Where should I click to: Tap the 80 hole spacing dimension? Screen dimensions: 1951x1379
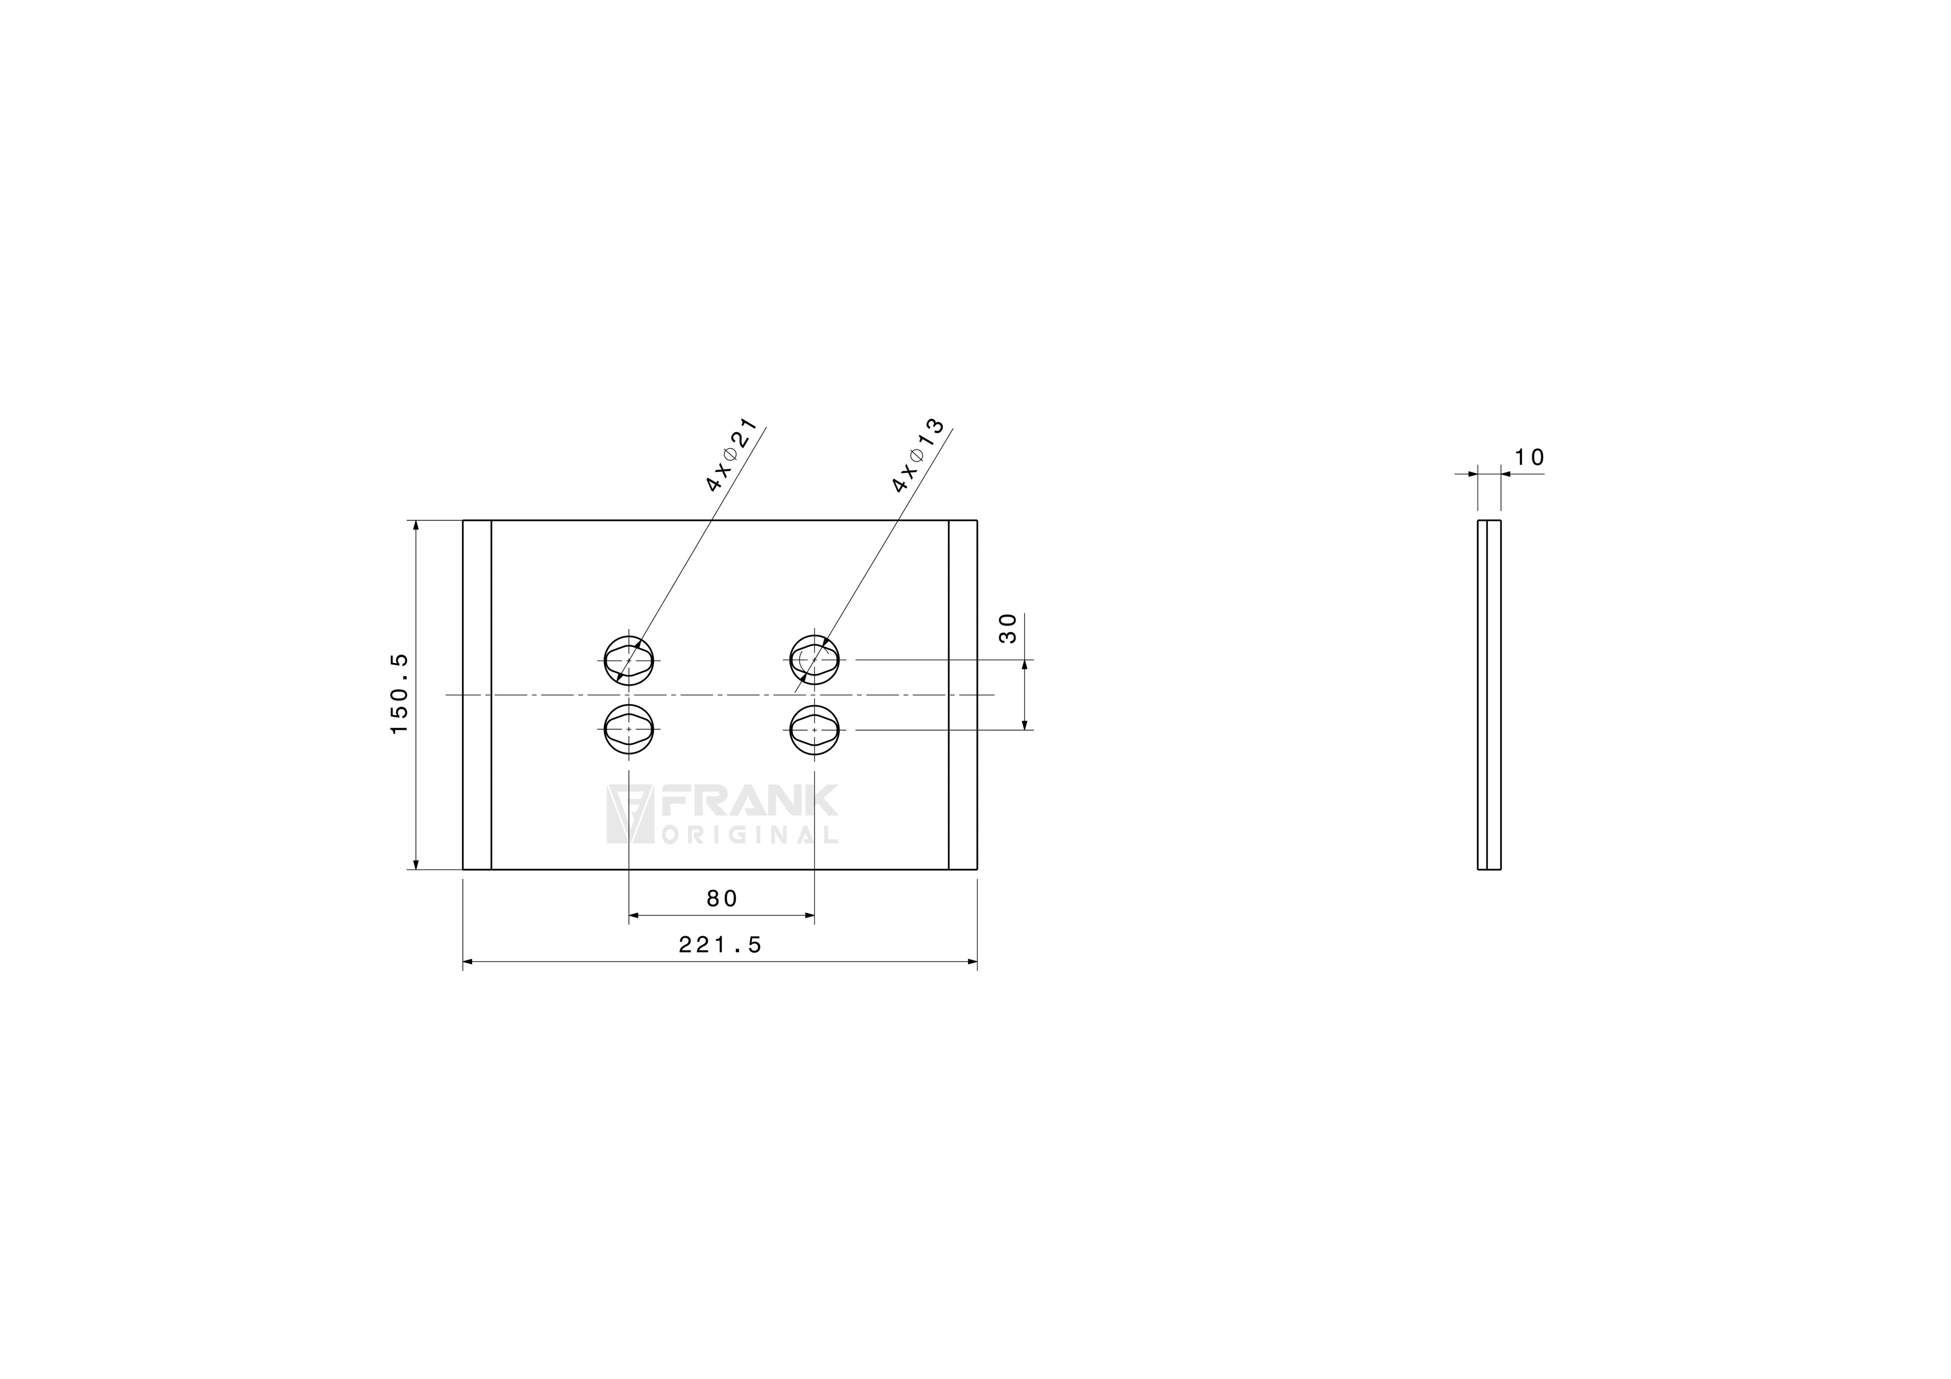[x=722, y=898]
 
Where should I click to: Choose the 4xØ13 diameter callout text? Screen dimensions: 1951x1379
[x=918, y=455]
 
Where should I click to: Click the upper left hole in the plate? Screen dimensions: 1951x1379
[x=629, y=660]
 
